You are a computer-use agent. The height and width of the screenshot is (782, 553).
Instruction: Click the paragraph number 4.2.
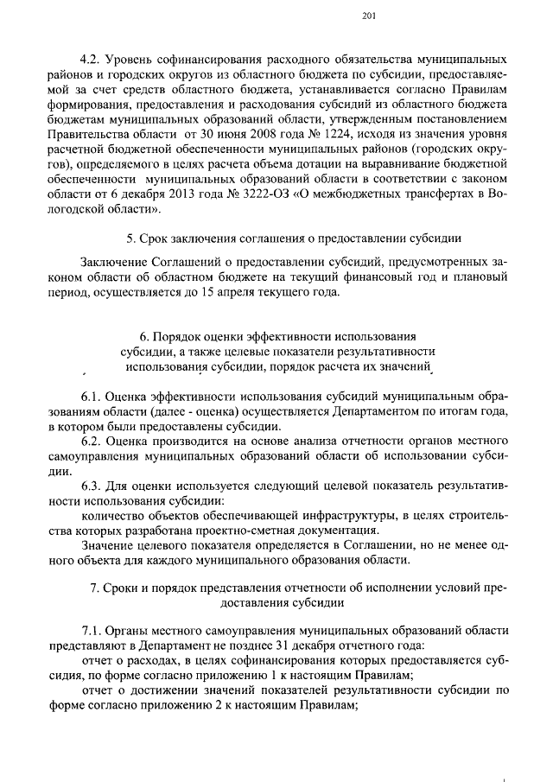pos(91,63)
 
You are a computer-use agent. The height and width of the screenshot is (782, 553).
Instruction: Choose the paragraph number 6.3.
pos(91,491)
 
